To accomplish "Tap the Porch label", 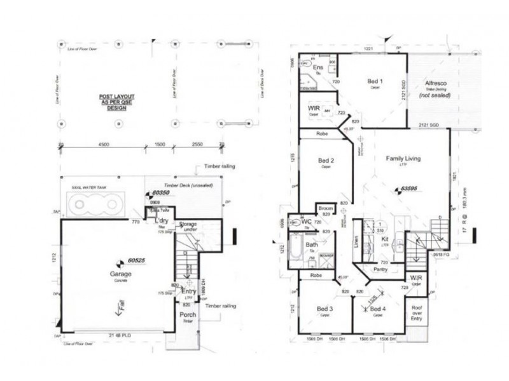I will click(188, 315).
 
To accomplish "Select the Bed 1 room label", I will click(375, 81).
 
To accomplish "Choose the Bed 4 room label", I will click(377, 309).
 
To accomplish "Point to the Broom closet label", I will click(326, 208).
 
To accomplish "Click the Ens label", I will click(318, 67).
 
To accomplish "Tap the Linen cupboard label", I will click(356, 243).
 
